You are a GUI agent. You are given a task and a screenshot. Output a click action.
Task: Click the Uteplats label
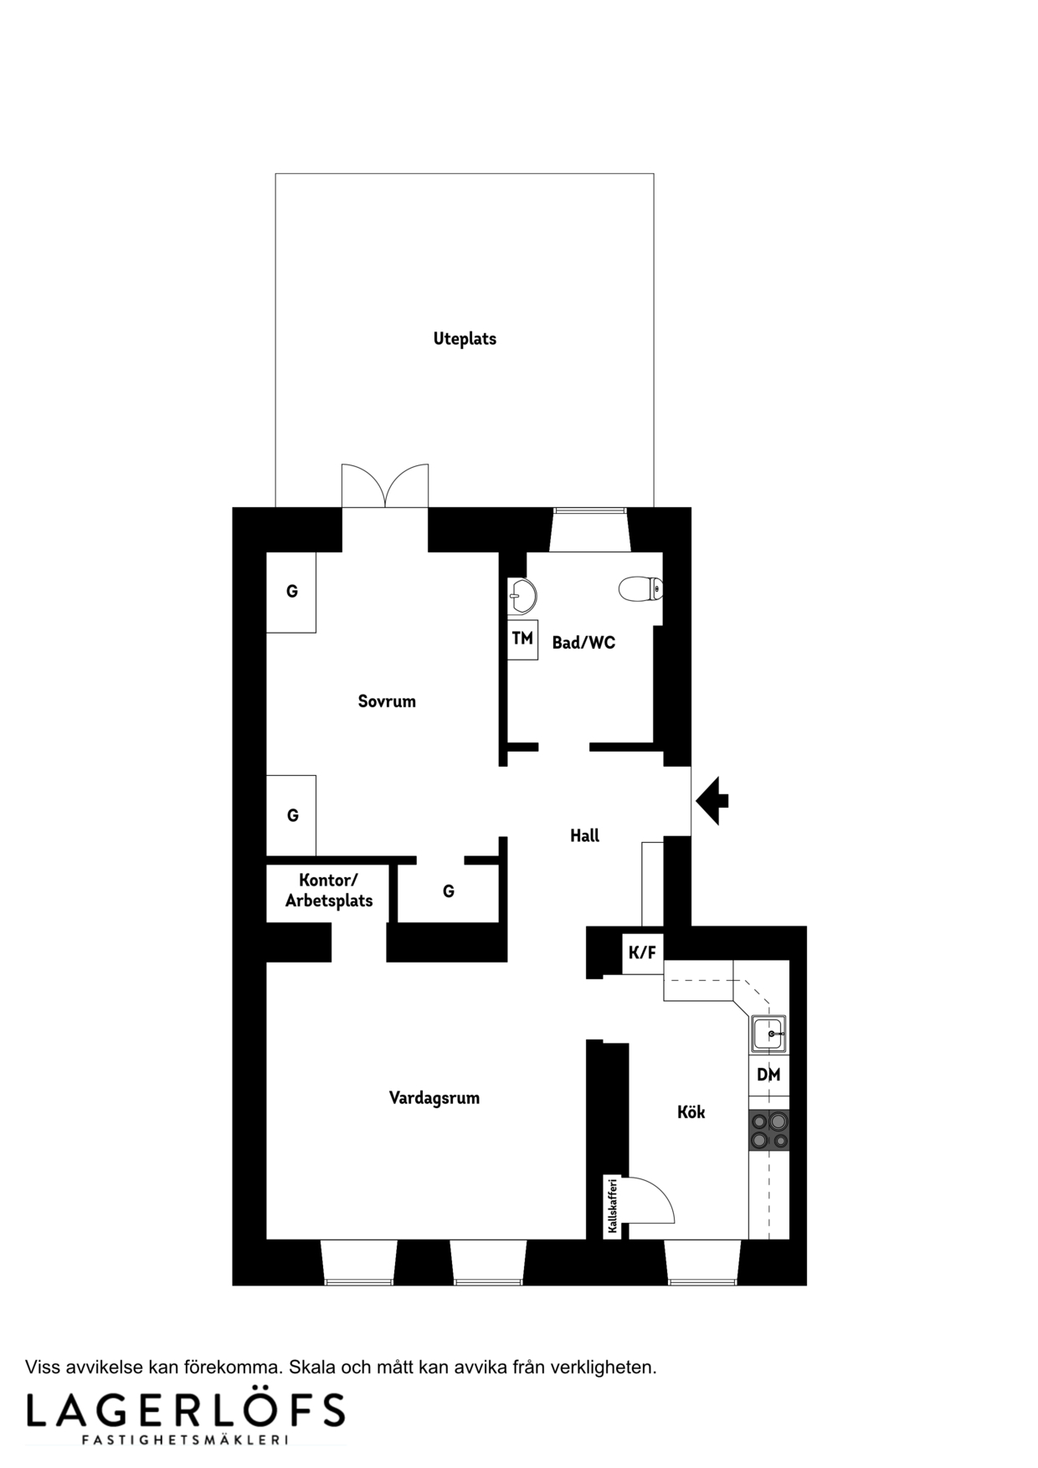point(465,339)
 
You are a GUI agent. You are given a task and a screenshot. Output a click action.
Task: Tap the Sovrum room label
point(387,701)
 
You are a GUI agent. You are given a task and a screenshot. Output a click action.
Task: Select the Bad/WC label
point(583,643)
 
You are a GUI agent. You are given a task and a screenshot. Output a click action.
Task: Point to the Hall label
point(584,835)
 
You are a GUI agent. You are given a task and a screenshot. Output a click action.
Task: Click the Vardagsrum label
point(434,1098)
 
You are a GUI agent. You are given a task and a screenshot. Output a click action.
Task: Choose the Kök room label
point(691,1111)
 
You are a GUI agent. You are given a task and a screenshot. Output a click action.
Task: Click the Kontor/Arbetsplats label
point(329,891)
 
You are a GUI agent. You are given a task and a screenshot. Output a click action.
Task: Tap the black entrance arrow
point(712,801)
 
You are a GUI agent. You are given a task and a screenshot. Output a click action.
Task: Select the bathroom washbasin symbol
point(521,597)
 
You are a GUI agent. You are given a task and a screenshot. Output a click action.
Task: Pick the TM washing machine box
point(522,639)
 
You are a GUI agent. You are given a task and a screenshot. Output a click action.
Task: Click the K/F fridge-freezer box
point(642,952)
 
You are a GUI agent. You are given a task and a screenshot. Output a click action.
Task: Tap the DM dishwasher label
point(768,1075)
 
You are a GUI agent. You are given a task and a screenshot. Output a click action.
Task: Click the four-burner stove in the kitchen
point(769,1131)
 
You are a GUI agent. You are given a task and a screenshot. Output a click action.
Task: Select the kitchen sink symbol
point(768,1033)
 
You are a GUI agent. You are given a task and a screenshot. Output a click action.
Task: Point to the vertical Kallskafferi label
point(613,1206)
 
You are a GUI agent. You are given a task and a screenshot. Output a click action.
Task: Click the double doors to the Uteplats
point(385,485)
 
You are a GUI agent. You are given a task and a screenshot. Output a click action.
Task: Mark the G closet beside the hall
point(449,891)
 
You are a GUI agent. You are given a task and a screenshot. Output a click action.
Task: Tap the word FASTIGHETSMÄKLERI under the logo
point(185,1440)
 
